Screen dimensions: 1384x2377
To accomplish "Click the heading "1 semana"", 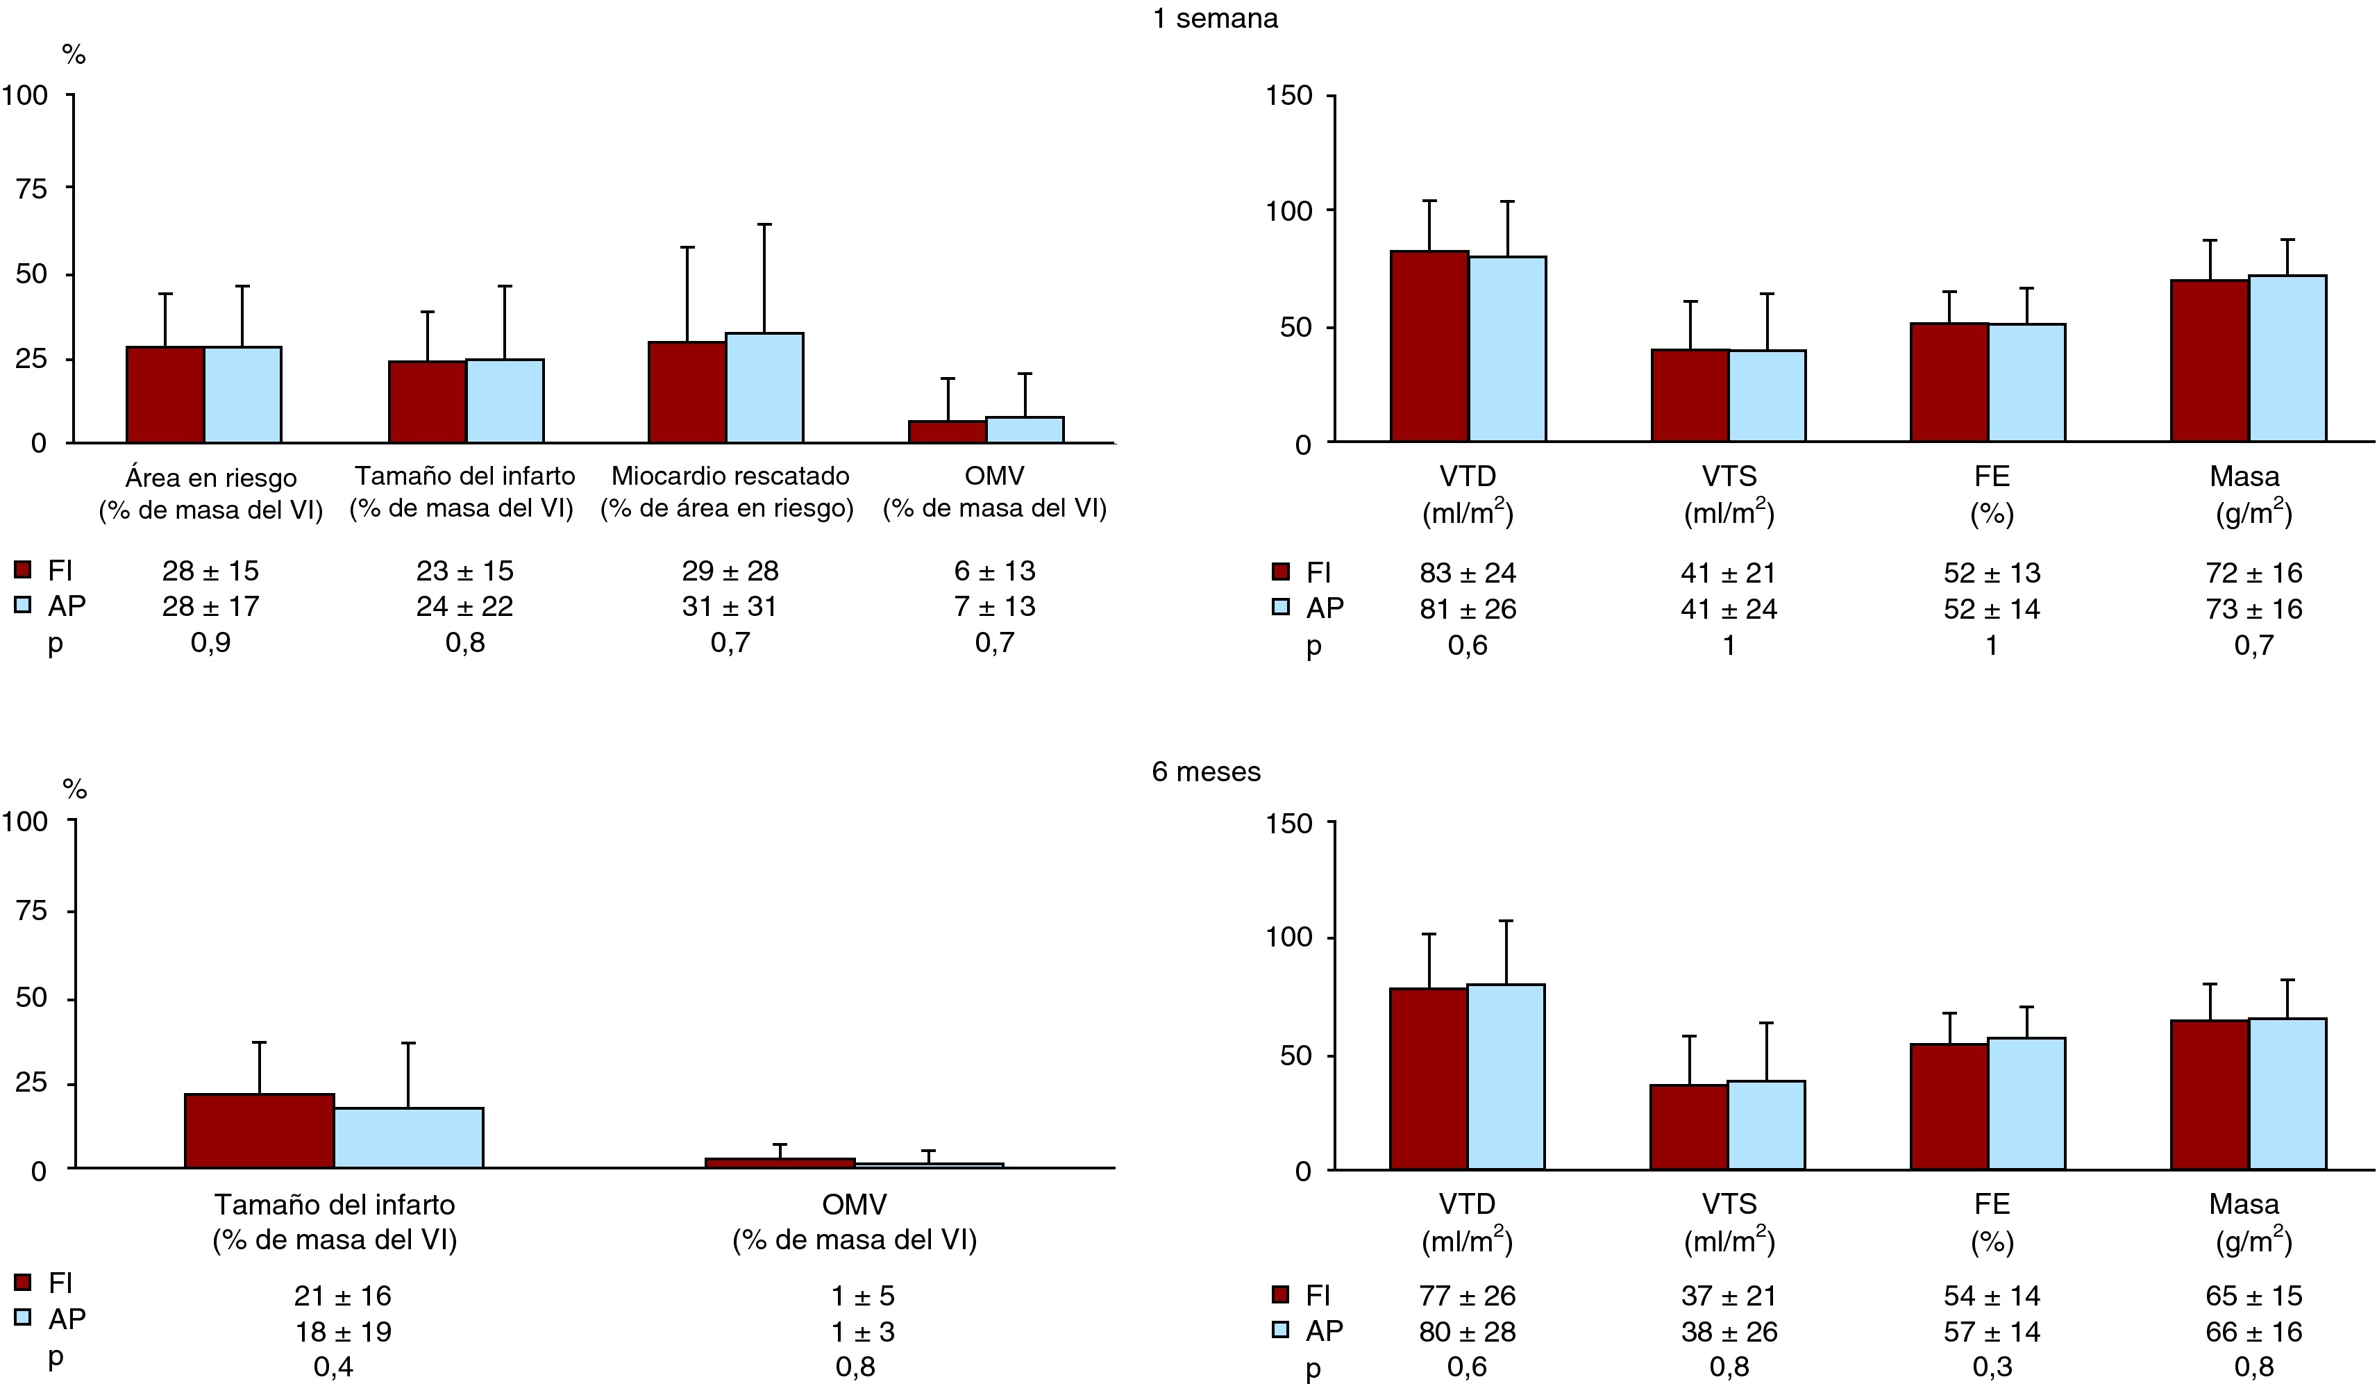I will pos(1215,19).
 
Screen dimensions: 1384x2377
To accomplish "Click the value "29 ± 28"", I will pos(730,571).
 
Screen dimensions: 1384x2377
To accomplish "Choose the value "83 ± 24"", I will pos(1468,573).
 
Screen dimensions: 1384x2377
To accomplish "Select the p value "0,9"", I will pos(210,642).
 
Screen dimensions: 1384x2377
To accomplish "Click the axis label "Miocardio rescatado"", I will pos(730,476).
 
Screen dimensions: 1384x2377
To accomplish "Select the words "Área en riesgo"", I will pos(210,477).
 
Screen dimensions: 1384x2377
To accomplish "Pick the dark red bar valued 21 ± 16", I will pos(260,1131).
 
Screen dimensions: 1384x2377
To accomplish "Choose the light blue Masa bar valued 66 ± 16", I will pos(2287,1094).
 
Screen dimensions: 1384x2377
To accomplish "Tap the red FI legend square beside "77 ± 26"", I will pos(1280,1295).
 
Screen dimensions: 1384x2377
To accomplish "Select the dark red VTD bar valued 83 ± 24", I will pos(1429,347).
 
